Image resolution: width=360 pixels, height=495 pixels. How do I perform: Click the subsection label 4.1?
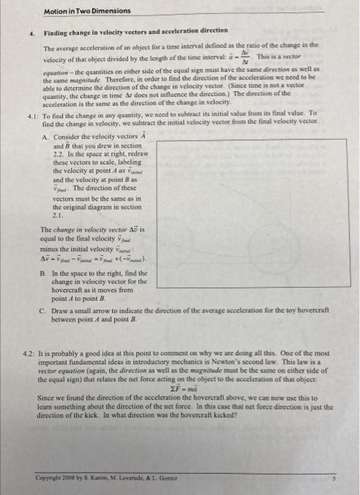coord(32,112)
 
